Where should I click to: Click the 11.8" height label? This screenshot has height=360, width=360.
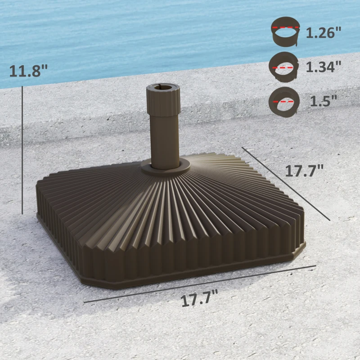(x=28, y=71)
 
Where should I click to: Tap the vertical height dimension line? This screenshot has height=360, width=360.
(x=22, y=148)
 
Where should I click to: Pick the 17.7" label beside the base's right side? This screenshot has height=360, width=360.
(x=304, y=171)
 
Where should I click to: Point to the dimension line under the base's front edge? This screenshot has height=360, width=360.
(x=199, y=284)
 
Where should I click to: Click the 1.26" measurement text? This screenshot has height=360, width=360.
(x=324, y=33)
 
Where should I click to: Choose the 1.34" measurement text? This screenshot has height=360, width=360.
(x=324, y=67)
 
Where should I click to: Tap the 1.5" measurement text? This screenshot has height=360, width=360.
(x=323, y=101)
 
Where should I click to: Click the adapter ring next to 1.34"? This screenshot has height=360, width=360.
(x=283, y=67)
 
